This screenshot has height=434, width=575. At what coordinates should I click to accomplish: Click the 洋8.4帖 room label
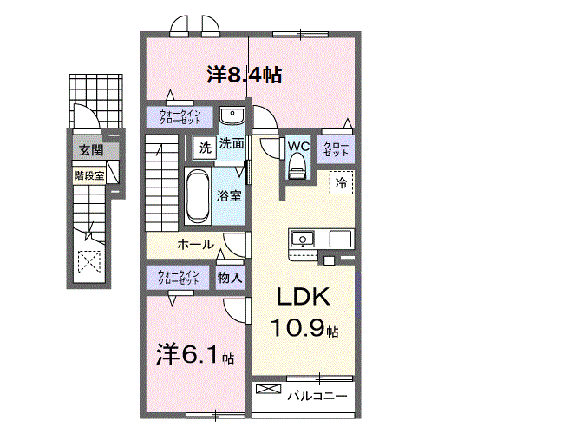tap(244, 75)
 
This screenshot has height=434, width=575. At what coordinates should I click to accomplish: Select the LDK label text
tap(303, 297)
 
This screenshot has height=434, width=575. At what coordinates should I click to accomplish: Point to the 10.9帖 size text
tap(303, 330)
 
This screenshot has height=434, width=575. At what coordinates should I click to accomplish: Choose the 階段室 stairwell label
tap(88, 174)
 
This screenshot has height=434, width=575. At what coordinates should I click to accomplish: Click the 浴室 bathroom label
tap(229, 196)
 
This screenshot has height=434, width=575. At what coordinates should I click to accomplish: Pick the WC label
tap(299, 145)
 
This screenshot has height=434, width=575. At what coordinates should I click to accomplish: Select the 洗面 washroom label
tap(231, 144)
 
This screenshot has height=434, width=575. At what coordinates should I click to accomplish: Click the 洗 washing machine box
tap(205, 147)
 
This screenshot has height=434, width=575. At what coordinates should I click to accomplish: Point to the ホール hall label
tap(195, 245)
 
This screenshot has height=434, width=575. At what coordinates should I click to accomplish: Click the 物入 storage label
tap(230, 278)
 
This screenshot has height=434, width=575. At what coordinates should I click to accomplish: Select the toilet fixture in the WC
tap(298, 165)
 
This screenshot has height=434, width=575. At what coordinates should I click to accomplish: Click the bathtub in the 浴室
tap(196, 198)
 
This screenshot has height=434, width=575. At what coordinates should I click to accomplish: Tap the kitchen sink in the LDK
tap(304, 239)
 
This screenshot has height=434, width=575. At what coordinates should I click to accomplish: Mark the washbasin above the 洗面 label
tap(232, 117)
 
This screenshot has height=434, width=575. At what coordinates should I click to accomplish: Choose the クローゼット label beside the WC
tap(337, 148)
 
